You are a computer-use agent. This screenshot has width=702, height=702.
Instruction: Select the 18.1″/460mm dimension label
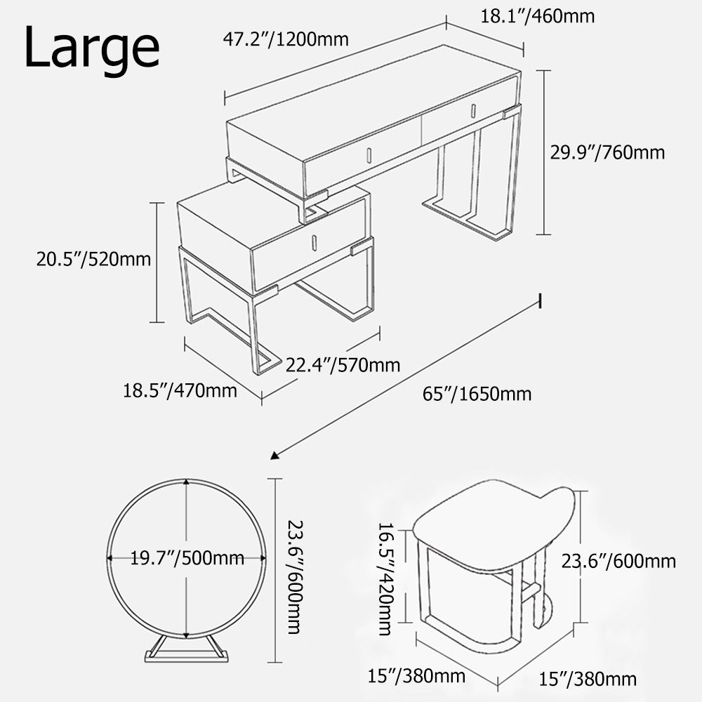tap(537, 15)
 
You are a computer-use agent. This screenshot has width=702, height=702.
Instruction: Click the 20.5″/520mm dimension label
tap(94, 259)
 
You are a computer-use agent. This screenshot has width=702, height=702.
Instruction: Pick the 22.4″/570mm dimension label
tap(343, 365)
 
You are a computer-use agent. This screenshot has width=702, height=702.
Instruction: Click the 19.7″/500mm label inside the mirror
tap(187, 559)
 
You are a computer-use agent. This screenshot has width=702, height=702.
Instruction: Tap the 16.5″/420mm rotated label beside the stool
tap(385, 578)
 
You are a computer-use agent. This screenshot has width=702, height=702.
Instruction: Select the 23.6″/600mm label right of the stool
tap(618, 561)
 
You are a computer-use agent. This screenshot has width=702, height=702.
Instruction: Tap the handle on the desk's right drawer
tap(472, 111)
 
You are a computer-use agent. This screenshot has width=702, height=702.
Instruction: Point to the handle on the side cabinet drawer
tap(314, 241)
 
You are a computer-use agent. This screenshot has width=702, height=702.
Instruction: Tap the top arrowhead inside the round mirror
tap(186, 482)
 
